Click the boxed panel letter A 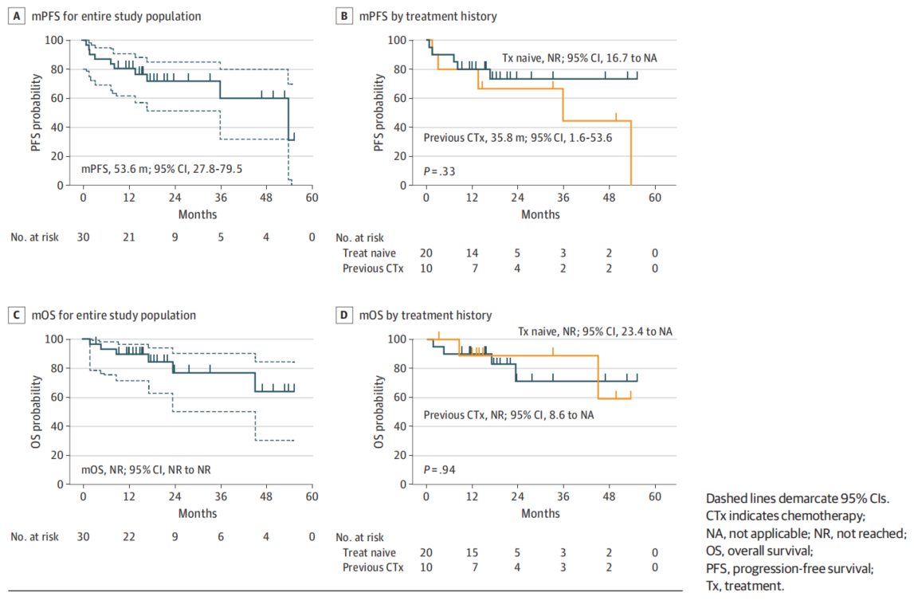tap(16, 16)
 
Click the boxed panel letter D tap(344, 315)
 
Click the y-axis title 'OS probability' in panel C tap(37, 410)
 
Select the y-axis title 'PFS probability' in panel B tap(381, 112)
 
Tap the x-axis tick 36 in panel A tap(220, 197)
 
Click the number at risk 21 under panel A tap(128, 237)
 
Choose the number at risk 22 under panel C tap(128, 536)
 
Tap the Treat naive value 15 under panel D tap(472, 552)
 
